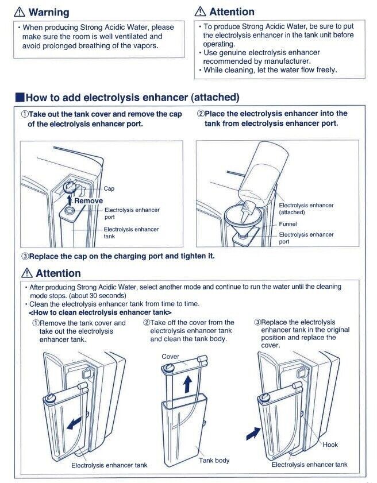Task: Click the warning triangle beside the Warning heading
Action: [x=20, y=12]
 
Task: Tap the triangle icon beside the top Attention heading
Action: [x=201, y=11]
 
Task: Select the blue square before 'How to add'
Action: [x=20, y=97]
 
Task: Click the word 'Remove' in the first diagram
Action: [x=89, y=201]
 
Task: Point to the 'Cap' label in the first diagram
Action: [x=109, y=188]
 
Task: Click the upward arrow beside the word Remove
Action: [x=70, y=199]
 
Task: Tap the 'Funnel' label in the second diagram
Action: [x=288, y=224]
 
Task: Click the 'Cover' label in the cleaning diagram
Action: [x=170, y=357]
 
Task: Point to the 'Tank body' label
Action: [x=214, y=460]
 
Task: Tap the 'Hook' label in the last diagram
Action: [x=330, y=445]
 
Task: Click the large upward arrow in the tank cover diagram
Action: [x=187, y=385]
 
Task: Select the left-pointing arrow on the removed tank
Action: [x=74, y=423]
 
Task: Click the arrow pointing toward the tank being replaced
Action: [x=253, y=434]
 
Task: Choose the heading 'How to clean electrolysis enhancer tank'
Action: [x=100, y=312]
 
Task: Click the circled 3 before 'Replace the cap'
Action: [x=25, y=256]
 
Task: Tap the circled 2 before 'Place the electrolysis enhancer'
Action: [x=201, y=114]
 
